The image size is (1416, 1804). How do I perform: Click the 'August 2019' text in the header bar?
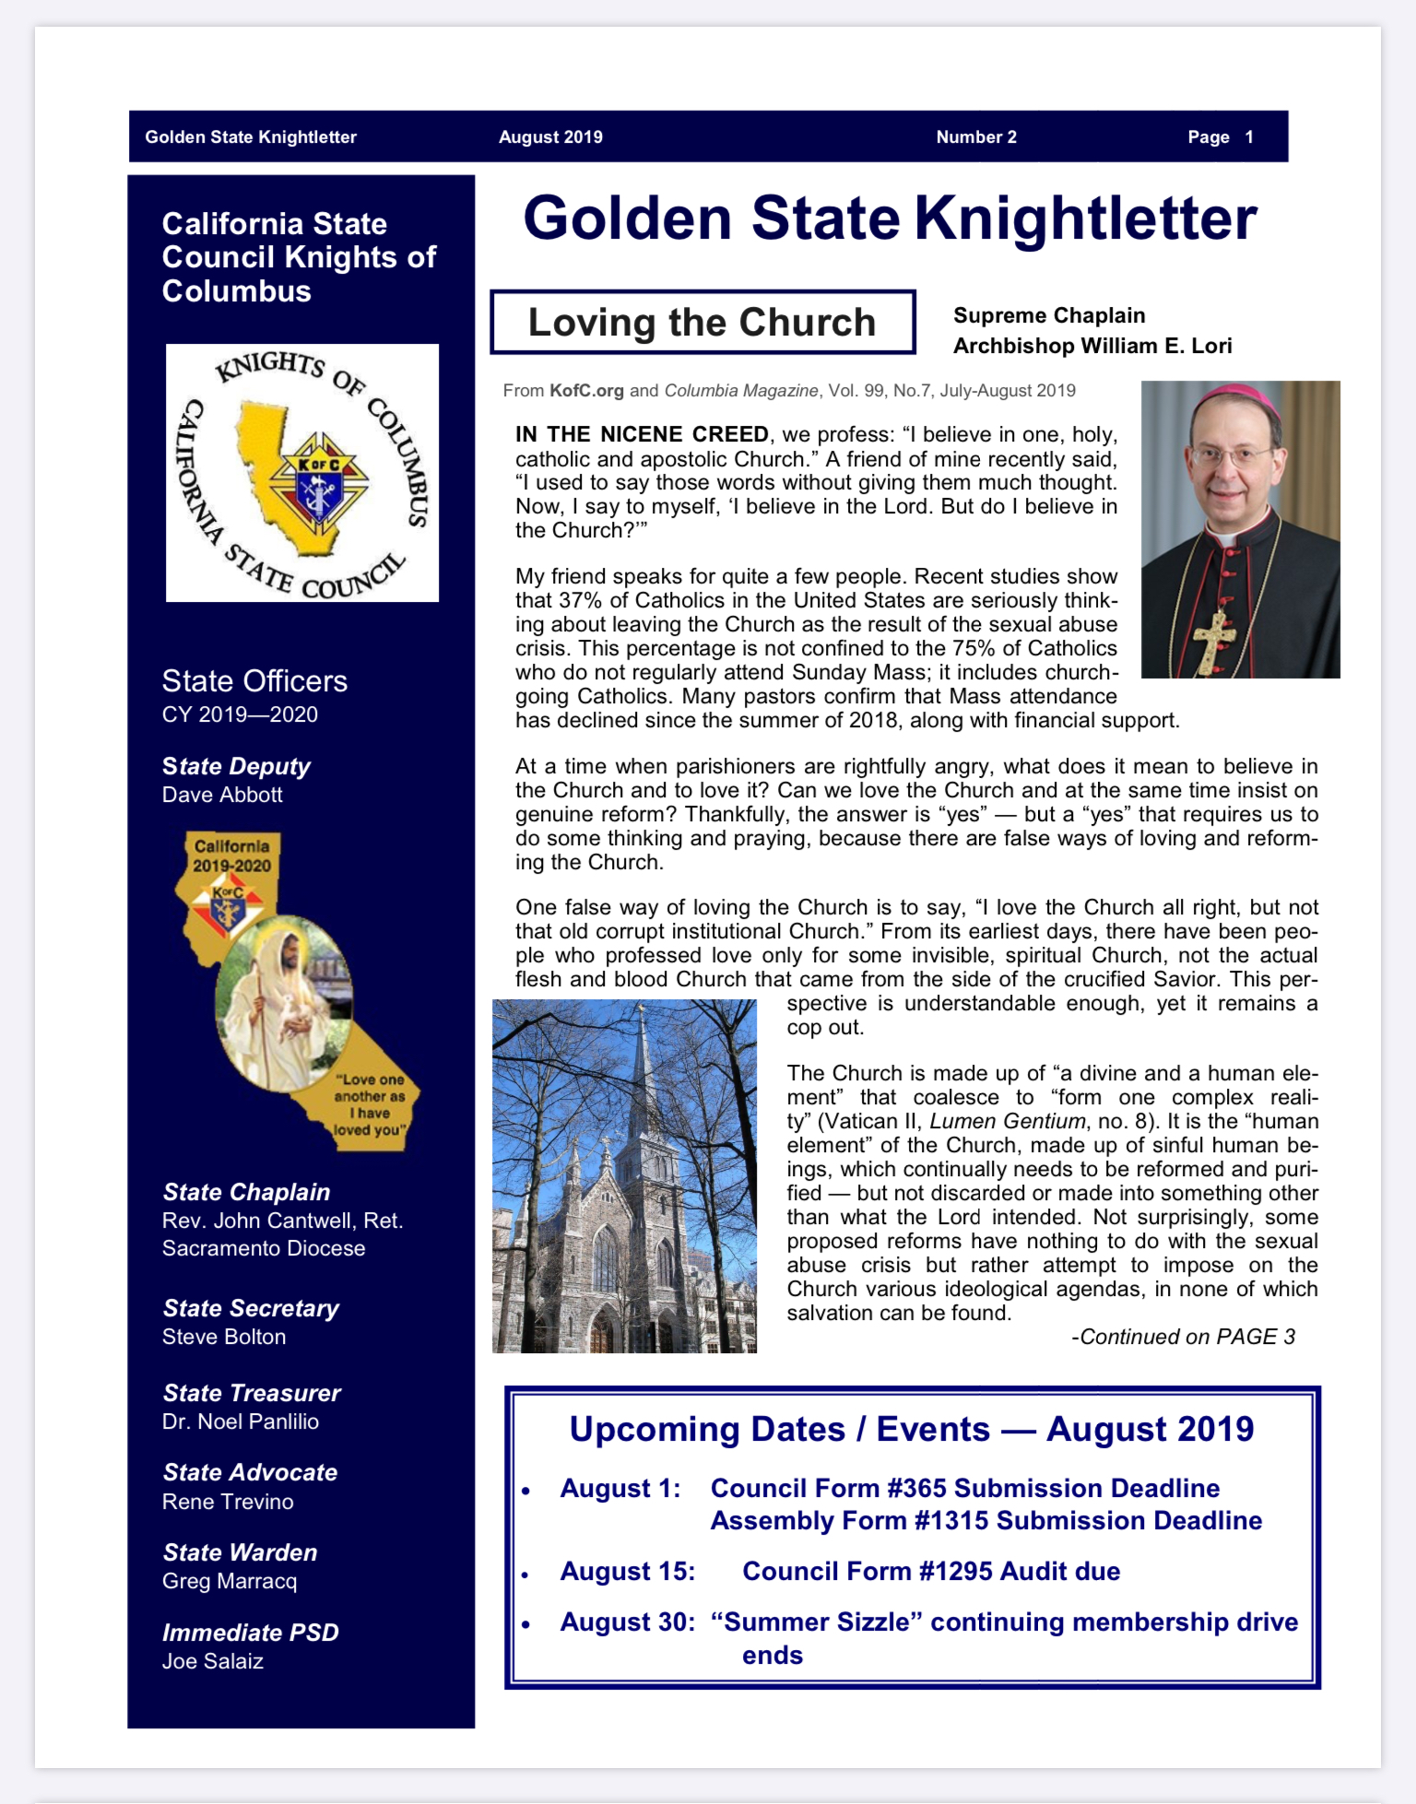(550, 137)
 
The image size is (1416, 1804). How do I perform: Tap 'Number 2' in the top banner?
(976, 137)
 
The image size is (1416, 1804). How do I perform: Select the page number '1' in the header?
(1249, 137)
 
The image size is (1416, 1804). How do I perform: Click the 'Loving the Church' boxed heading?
(702, 323)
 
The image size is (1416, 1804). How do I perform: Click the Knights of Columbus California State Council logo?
(302, 473)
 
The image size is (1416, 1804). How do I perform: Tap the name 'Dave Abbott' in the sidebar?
(222, 795)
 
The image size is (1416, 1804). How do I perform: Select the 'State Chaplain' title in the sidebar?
(246, 1192)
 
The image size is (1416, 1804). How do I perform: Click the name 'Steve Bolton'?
(224, 1337)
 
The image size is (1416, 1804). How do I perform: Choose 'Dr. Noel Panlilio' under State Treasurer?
(241, 1421)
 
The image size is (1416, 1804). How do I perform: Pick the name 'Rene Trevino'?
(228, 1502)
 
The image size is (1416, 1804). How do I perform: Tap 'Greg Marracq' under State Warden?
(230, 1582)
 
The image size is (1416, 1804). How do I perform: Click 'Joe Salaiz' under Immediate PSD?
(213, 1661)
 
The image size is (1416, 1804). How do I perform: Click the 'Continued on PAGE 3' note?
(1183, 1337)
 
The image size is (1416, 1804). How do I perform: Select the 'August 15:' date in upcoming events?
(628, 1572)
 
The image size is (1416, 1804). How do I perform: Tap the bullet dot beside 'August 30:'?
(525, 1624)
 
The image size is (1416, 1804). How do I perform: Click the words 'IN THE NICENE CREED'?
(642, 434)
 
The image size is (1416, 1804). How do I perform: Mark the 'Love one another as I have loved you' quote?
(370, 1104)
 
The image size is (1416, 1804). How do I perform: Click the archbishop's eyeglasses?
(1232, 454)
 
